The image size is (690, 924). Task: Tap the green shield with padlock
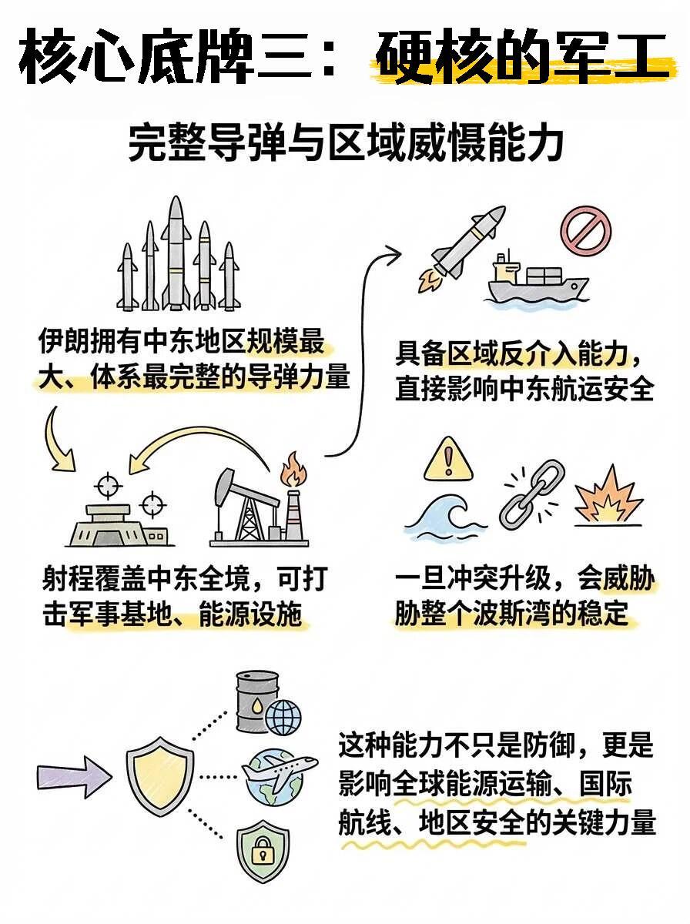(x=263, y=851)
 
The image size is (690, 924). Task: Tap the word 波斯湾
(x=524, y=614)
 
